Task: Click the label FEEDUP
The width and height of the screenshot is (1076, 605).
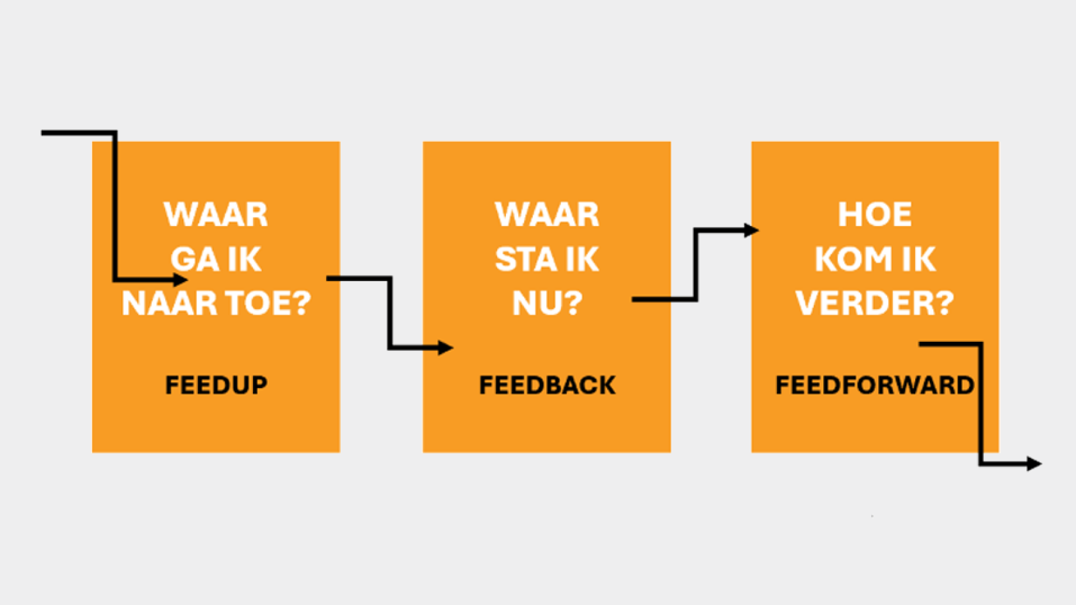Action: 216,385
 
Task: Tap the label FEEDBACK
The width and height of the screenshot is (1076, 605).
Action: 547,385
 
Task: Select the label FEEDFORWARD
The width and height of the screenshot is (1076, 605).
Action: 875,385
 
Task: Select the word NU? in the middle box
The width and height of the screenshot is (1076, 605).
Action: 547,303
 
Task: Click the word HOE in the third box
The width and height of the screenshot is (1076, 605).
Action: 875,214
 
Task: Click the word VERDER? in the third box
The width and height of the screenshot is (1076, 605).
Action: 875,303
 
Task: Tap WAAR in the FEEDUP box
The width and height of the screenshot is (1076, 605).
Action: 216,214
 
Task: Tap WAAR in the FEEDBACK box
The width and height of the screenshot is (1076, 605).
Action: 547,214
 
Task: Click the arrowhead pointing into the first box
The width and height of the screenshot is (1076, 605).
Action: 181,279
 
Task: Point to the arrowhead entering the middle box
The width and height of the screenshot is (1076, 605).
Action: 446,348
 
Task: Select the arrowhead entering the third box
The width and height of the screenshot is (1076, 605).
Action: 751,230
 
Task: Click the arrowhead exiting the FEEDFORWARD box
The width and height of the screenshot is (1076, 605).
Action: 1034,464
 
